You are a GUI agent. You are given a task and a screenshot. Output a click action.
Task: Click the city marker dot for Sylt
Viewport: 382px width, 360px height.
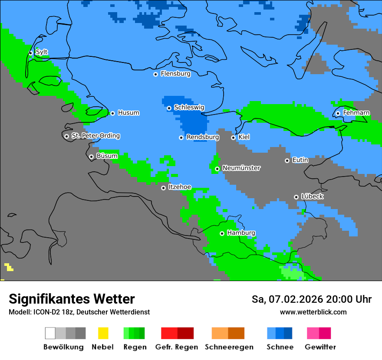coord(30,53)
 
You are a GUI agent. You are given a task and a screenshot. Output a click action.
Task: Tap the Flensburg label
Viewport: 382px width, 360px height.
coord(175,74)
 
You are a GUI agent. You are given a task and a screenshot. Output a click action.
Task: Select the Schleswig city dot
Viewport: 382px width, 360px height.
coord(169,108)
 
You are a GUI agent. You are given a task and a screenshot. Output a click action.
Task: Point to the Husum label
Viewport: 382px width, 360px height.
coord(128,113)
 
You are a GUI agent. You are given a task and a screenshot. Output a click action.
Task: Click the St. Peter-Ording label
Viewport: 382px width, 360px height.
coord(95,136)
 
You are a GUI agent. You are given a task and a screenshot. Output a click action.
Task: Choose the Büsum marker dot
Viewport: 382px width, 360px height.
coord(91,157)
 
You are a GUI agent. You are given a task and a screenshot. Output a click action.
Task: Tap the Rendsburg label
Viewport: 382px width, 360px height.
coord(203,137)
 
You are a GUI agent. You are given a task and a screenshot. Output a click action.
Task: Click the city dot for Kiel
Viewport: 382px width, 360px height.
coord(233,137)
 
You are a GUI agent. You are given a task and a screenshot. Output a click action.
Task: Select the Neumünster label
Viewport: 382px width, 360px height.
coord(241,168)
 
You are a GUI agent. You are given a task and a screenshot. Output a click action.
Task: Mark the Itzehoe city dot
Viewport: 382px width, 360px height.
coord(163,188)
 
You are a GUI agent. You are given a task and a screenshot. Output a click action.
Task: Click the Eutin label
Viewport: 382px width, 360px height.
coord(300,160)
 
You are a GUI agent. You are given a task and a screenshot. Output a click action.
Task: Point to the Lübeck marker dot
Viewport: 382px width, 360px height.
coord(296,197)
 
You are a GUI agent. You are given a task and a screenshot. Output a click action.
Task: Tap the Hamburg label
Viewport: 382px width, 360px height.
coord(241,233)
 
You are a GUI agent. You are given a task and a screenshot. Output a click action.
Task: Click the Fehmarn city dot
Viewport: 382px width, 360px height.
coord(338,114)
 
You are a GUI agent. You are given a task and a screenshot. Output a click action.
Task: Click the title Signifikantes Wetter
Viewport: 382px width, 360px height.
coord(72,299)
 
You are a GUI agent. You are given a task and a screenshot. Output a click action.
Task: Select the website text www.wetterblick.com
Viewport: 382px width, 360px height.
coord(313,312)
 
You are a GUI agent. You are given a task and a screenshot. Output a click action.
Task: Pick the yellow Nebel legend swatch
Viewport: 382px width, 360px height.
coord(103,333)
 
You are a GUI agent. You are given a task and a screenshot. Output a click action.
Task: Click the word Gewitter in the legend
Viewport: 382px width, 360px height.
coord(320,347)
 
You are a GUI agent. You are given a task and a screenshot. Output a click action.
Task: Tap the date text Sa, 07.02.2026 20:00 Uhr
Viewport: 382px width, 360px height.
coord(311,299)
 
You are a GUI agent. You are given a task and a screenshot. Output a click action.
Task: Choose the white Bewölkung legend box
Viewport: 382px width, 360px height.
coord(50,333)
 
